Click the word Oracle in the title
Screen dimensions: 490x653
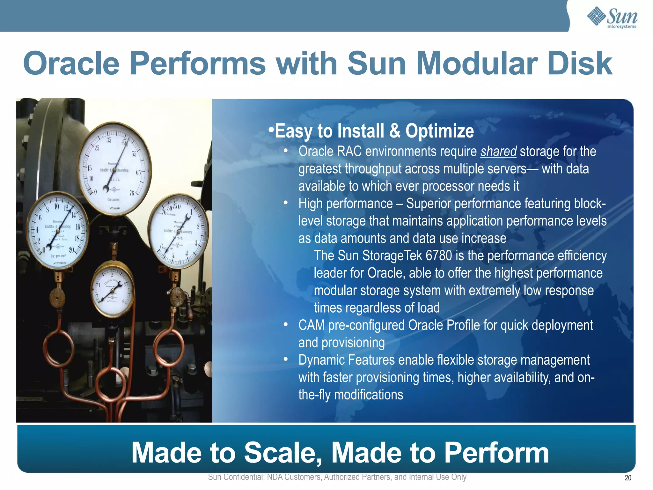(x=71, y=63)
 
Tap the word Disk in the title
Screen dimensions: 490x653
(x=579, y=63)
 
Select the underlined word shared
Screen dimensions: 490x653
(x=498, y=151)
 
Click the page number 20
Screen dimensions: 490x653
(x=628, y=478)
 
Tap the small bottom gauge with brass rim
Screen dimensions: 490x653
(x=112, y=289)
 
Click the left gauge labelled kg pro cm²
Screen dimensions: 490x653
(x=57, y=230)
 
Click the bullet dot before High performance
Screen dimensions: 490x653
(x=286, y=203)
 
